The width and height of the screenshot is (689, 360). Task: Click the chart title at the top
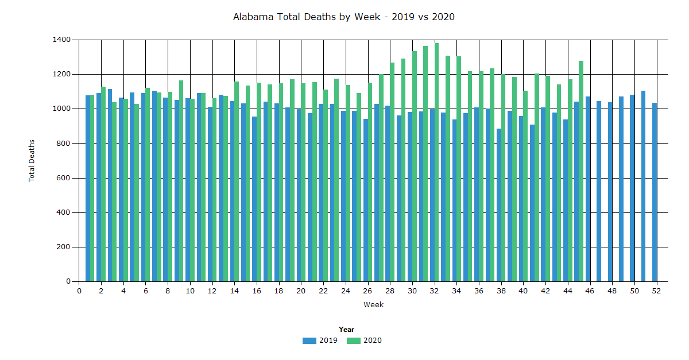(343, 17)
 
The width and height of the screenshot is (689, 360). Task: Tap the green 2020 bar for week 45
(581, 172)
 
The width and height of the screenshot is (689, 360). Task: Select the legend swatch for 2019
(309, 340)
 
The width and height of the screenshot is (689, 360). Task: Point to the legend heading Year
(346, 330)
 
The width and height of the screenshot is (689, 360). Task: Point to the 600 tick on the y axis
(65, 178)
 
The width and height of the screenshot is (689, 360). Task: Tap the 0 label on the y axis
(68, 281)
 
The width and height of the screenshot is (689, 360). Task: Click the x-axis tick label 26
(367, 291)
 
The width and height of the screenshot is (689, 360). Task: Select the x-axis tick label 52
(656, 291)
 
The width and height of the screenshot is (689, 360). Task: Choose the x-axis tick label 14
(234, 291)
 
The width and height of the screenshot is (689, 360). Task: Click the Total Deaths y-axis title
(32, 161)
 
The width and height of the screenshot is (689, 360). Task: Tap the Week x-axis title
(373, 305)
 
